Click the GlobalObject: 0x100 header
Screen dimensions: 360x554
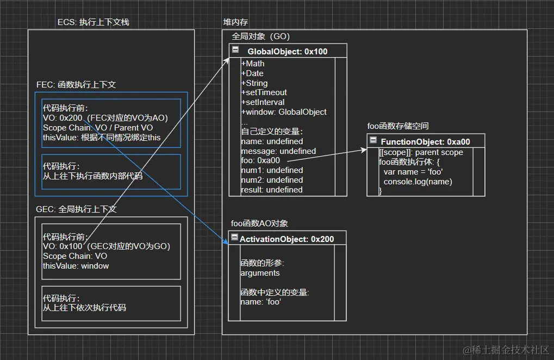coord(288,52)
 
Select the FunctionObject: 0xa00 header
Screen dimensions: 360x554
coord(425,141)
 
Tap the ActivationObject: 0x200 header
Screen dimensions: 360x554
coord(287,239)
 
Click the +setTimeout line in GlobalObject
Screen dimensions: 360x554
coord(264,92)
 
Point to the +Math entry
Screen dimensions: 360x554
coord(252,64)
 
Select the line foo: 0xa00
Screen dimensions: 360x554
coord(260,160)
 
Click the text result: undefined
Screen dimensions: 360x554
coord(271,190)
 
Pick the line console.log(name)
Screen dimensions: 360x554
coord(418,182)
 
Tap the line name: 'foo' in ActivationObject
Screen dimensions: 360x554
coord(260,302)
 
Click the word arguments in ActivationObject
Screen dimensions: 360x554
coord(260,273)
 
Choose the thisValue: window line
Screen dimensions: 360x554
coord(76,266)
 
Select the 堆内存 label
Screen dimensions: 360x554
coord(235,22)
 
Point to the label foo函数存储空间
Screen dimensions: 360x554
coord(398,126)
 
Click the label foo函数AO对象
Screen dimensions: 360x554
coord(259,224)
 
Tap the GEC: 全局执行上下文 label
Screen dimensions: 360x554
coord(76,209)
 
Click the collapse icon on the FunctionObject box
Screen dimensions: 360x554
coord(374,141)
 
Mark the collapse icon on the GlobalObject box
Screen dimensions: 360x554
coord(235,50)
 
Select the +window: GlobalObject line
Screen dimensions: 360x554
coord(283,112)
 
